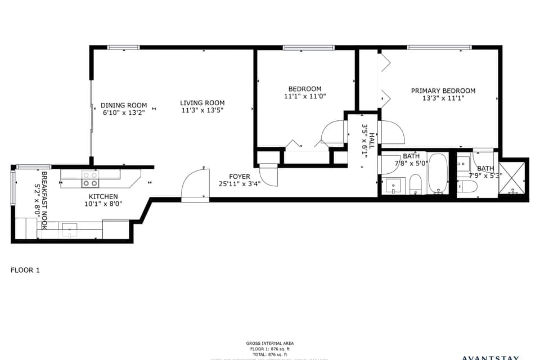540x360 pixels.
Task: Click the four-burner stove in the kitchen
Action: (90, 179)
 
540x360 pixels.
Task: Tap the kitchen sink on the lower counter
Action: (69, 227)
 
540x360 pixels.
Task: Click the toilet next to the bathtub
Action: (416, 184)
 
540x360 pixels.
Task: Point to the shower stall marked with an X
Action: (512, 178)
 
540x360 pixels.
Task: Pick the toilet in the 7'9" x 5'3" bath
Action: (468, 187)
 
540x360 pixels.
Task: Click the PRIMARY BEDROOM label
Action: (443, 91)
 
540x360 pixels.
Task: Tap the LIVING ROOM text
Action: (202, 103)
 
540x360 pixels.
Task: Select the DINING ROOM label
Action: (124, 105)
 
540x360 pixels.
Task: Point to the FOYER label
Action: (239, 177)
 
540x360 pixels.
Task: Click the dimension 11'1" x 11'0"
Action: (305, 96)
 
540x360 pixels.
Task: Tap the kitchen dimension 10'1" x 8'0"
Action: (102, 204)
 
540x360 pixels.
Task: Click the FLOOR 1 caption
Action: (25, 270)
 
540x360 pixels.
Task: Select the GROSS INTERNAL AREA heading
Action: (269, 343)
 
